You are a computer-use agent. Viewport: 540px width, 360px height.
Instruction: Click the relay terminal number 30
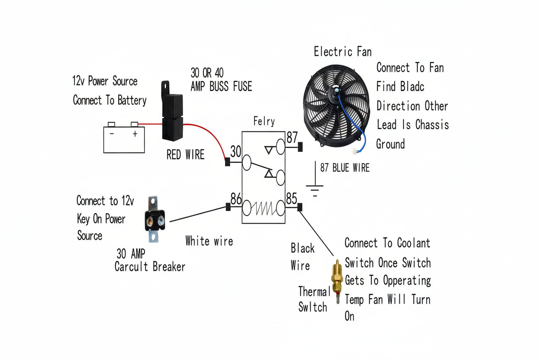click(235, 151)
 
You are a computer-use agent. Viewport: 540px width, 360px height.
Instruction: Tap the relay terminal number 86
click(236, 199)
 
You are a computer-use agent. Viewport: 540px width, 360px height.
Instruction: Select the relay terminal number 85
click(292, 199)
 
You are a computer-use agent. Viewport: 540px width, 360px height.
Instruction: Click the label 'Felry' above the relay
click(264, 121)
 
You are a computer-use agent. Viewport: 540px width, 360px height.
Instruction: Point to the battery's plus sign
click(135, 134)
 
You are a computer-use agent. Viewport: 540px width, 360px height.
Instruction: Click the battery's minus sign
click(112, 133)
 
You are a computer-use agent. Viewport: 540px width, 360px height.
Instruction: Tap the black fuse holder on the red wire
click(172, 111)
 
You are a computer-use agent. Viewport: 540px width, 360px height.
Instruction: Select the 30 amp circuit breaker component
click(155, 219)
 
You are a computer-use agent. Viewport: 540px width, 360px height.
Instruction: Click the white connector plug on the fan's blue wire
click(354, 151)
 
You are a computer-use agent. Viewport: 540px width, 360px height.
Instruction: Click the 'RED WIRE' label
click(185, 154)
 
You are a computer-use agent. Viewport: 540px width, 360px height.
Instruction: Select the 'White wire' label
click(209, 241)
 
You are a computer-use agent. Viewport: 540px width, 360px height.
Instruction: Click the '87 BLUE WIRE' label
click(345, 167)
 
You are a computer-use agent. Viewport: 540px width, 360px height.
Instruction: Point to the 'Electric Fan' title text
click(343, 51)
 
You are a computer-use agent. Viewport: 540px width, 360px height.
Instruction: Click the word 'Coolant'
click(414, 243)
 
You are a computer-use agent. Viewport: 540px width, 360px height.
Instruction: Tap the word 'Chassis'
click(432, 125)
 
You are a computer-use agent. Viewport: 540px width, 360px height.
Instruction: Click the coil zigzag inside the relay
click(263, 208)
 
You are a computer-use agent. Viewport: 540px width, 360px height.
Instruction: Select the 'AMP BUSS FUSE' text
click(221, 87)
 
